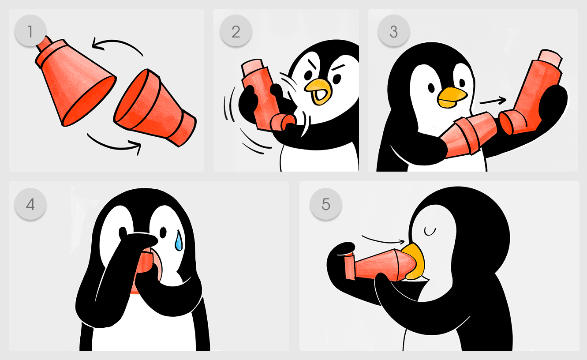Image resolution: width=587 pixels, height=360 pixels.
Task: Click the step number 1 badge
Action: [x=30, y=31]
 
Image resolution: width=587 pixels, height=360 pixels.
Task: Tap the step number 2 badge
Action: [x=236, y=31]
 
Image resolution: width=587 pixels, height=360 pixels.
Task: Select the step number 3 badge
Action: [x=393, y=31]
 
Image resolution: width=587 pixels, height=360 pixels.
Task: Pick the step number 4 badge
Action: [x=30, y=204]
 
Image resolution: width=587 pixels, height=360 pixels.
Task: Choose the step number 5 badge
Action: [x=326, y=204]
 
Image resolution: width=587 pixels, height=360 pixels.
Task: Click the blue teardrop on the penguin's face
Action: [x=179, y=241]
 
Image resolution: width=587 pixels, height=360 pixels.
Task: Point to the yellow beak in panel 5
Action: [x=414, y=261]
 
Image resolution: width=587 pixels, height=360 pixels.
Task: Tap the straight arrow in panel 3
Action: [x=493, y=101]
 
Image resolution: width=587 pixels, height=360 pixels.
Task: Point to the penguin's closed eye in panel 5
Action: [x=430, y=232]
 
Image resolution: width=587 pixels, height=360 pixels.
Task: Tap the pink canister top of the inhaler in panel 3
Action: [x=550, y=58]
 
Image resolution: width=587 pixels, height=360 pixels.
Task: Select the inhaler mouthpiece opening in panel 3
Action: [x=505, y=124]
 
